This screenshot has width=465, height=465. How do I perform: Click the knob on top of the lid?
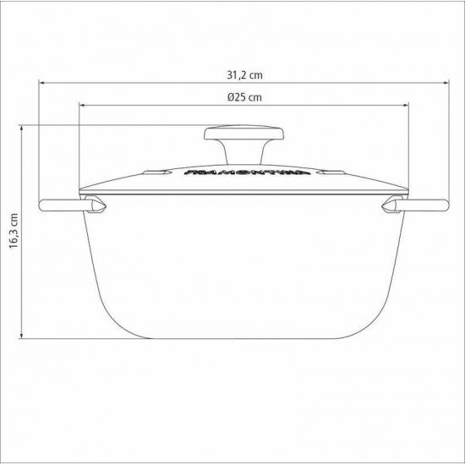232,135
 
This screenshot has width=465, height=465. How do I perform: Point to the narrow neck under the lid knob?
232,154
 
